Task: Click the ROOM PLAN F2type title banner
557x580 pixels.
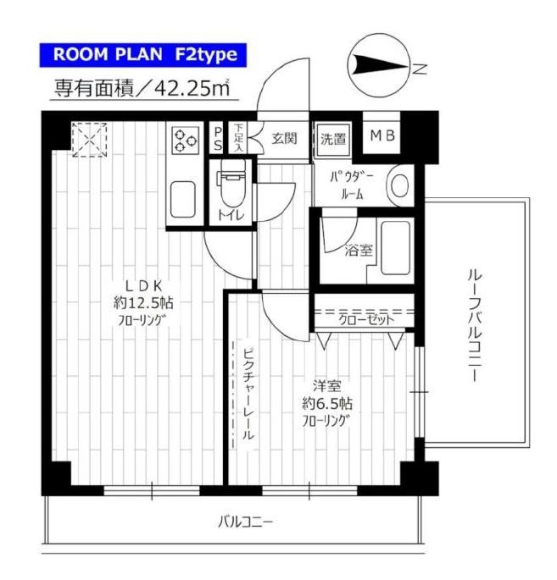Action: pos(143,55)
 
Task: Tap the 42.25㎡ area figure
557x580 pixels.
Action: pos(192,88)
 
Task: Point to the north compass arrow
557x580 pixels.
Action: pos(382,67)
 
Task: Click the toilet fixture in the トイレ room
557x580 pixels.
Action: pos(232,183)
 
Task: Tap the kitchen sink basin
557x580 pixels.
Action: pos(183,200)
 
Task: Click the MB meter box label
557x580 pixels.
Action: pos(382,135)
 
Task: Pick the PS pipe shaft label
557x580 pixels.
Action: pos(218,139)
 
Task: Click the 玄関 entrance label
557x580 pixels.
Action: pos(284,138)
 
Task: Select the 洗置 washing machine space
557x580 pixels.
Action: pos(333,139)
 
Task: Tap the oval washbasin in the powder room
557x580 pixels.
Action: pos(399,185)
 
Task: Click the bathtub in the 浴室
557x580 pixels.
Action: pos(395,248)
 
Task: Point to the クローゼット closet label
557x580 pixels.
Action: pos(366,320)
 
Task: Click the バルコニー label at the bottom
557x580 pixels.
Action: pos(245,522)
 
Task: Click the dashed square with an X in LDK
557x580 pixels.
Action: pos(89,140)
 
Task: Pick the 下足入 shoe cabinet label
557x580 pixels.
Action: pos(238,138)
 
